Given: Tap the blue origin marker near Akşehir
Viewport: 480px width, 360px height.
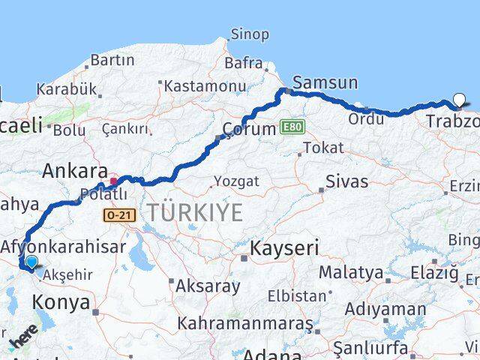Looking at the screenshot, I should click(31, 262).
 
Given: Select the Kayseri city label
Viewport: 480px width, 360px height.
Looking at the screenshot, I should click(285, 248).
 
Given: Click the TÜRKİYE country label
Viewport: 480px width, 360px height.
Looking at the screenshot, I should click(195, 212).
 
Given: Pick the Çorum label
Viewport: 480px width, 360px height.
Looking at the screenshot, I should click(251, 129).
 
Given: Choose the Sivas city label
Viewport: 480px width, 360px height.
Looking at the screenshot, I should click(347, 181).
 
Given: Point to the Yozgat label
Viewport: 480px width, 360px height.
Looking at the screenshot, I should click(236, 181).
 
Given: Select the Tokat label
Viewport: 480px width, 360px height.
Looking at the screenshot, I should click(318, 148).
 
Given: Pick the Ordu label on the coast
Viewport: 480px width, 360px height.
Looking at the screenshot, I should click(366, 118).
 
